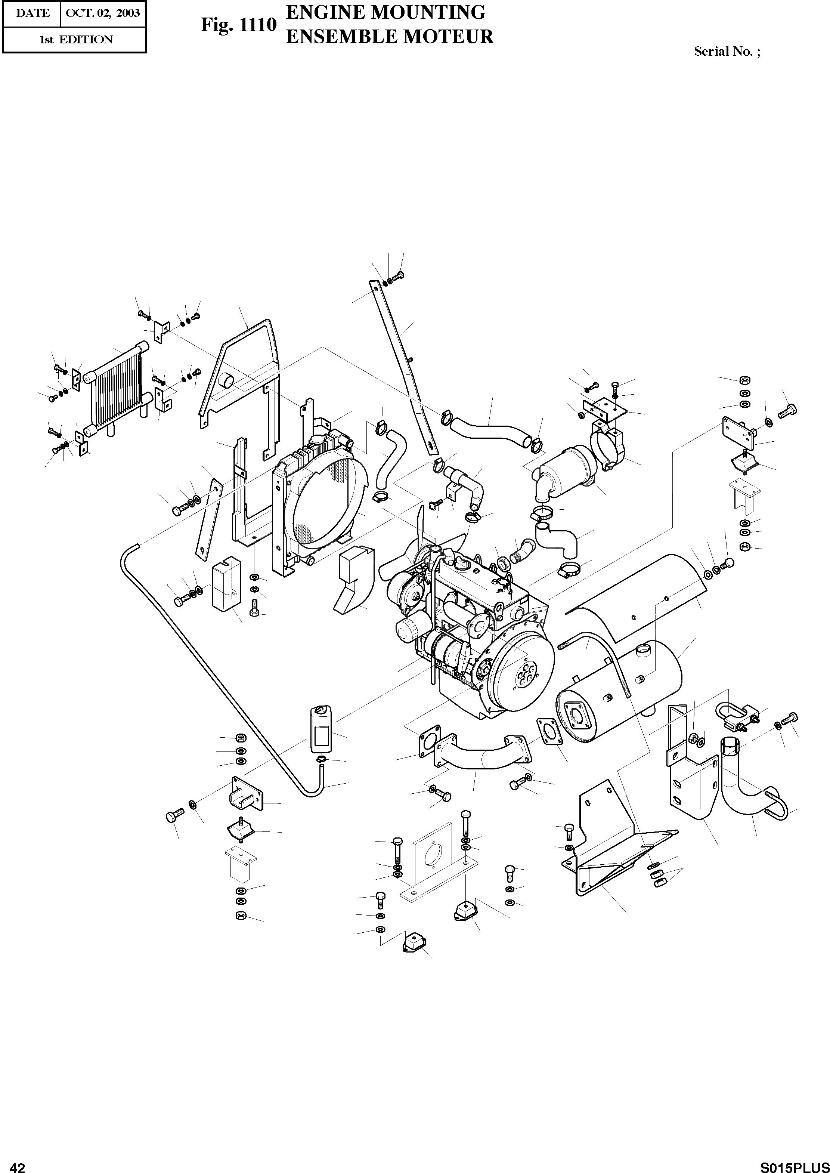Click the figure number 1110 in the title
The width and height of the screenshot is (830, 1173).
coord(258,25)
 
